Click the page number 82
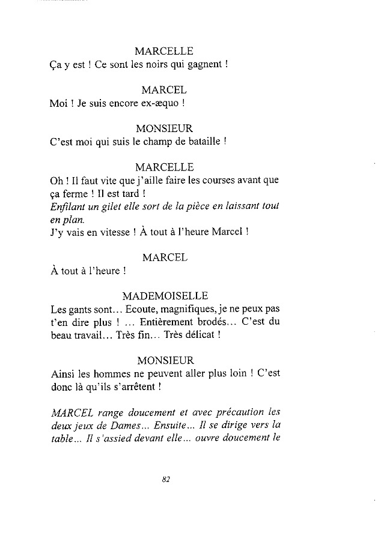(x=167, y=479)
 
